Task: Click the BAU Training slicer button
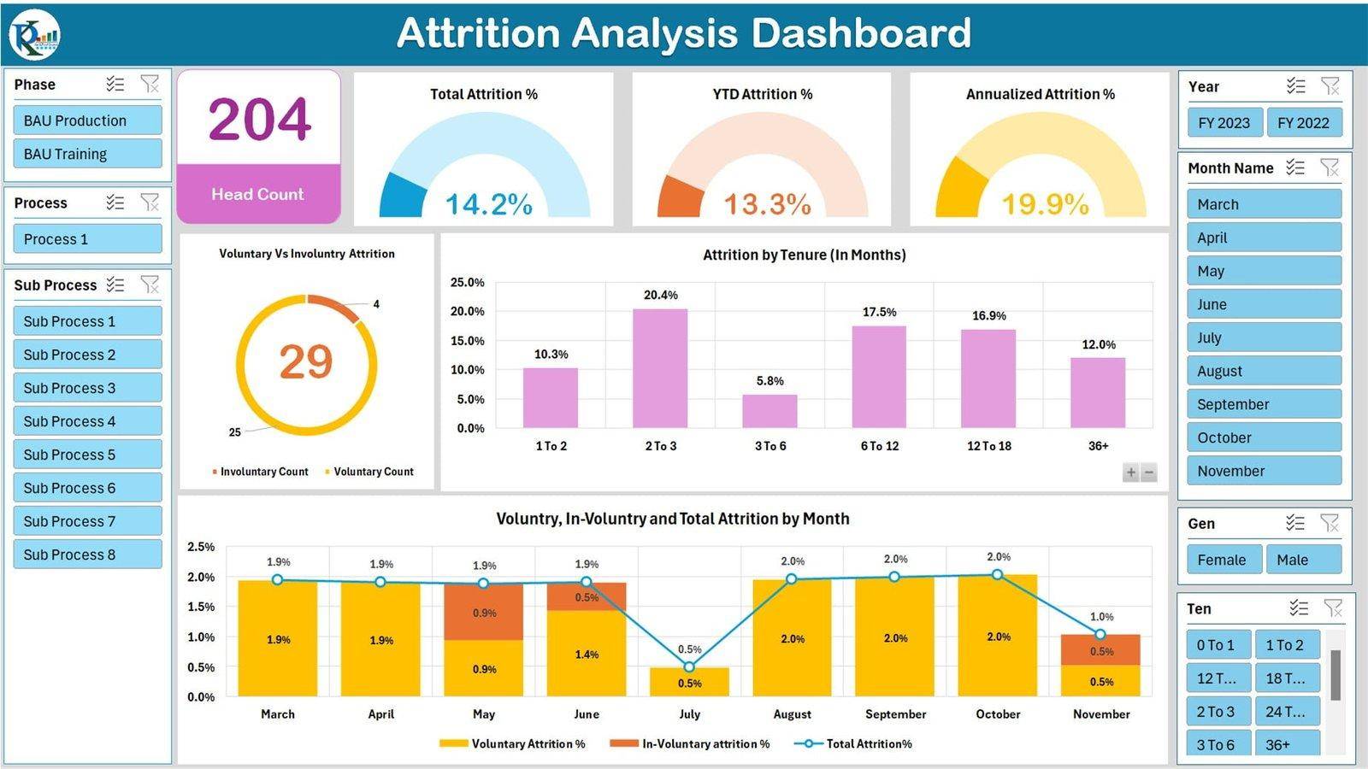click(x=87, y=154)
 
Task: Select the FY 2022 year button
click(x=1303, y=122)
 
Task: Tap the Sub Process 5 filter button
click(x=87, y=455)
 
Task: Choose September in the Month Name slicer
click(x=1263, y=404)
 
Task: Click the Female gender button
click(x=1223, y=560)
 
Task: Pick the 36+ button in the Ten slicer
click(x=1287, y=744)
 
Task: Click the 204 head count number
click(x=259, y=119)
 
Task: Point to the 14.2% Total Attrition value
click(x=488, y=204)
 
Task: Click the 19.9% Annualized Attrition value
click(x=1045, y=204)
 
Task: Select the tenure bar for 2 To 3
click(x=660, y=368)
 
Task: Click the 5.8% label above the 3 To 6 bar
click(x=769, y=381)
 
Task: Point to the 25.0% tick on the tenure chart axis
click(x=467, y=282)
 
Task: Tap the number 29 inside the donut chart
click(x=305, y=361)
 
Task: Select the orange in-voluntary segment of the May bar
click(x=483, y=612)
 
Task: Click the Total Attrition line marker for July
click(x=689, y=666)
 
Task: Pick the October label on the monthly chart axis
click(x=998, y=714)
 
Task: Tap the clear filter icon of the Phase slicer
click(x=150, y=84)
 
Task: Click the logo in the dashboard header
click(x=35, y=34)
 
